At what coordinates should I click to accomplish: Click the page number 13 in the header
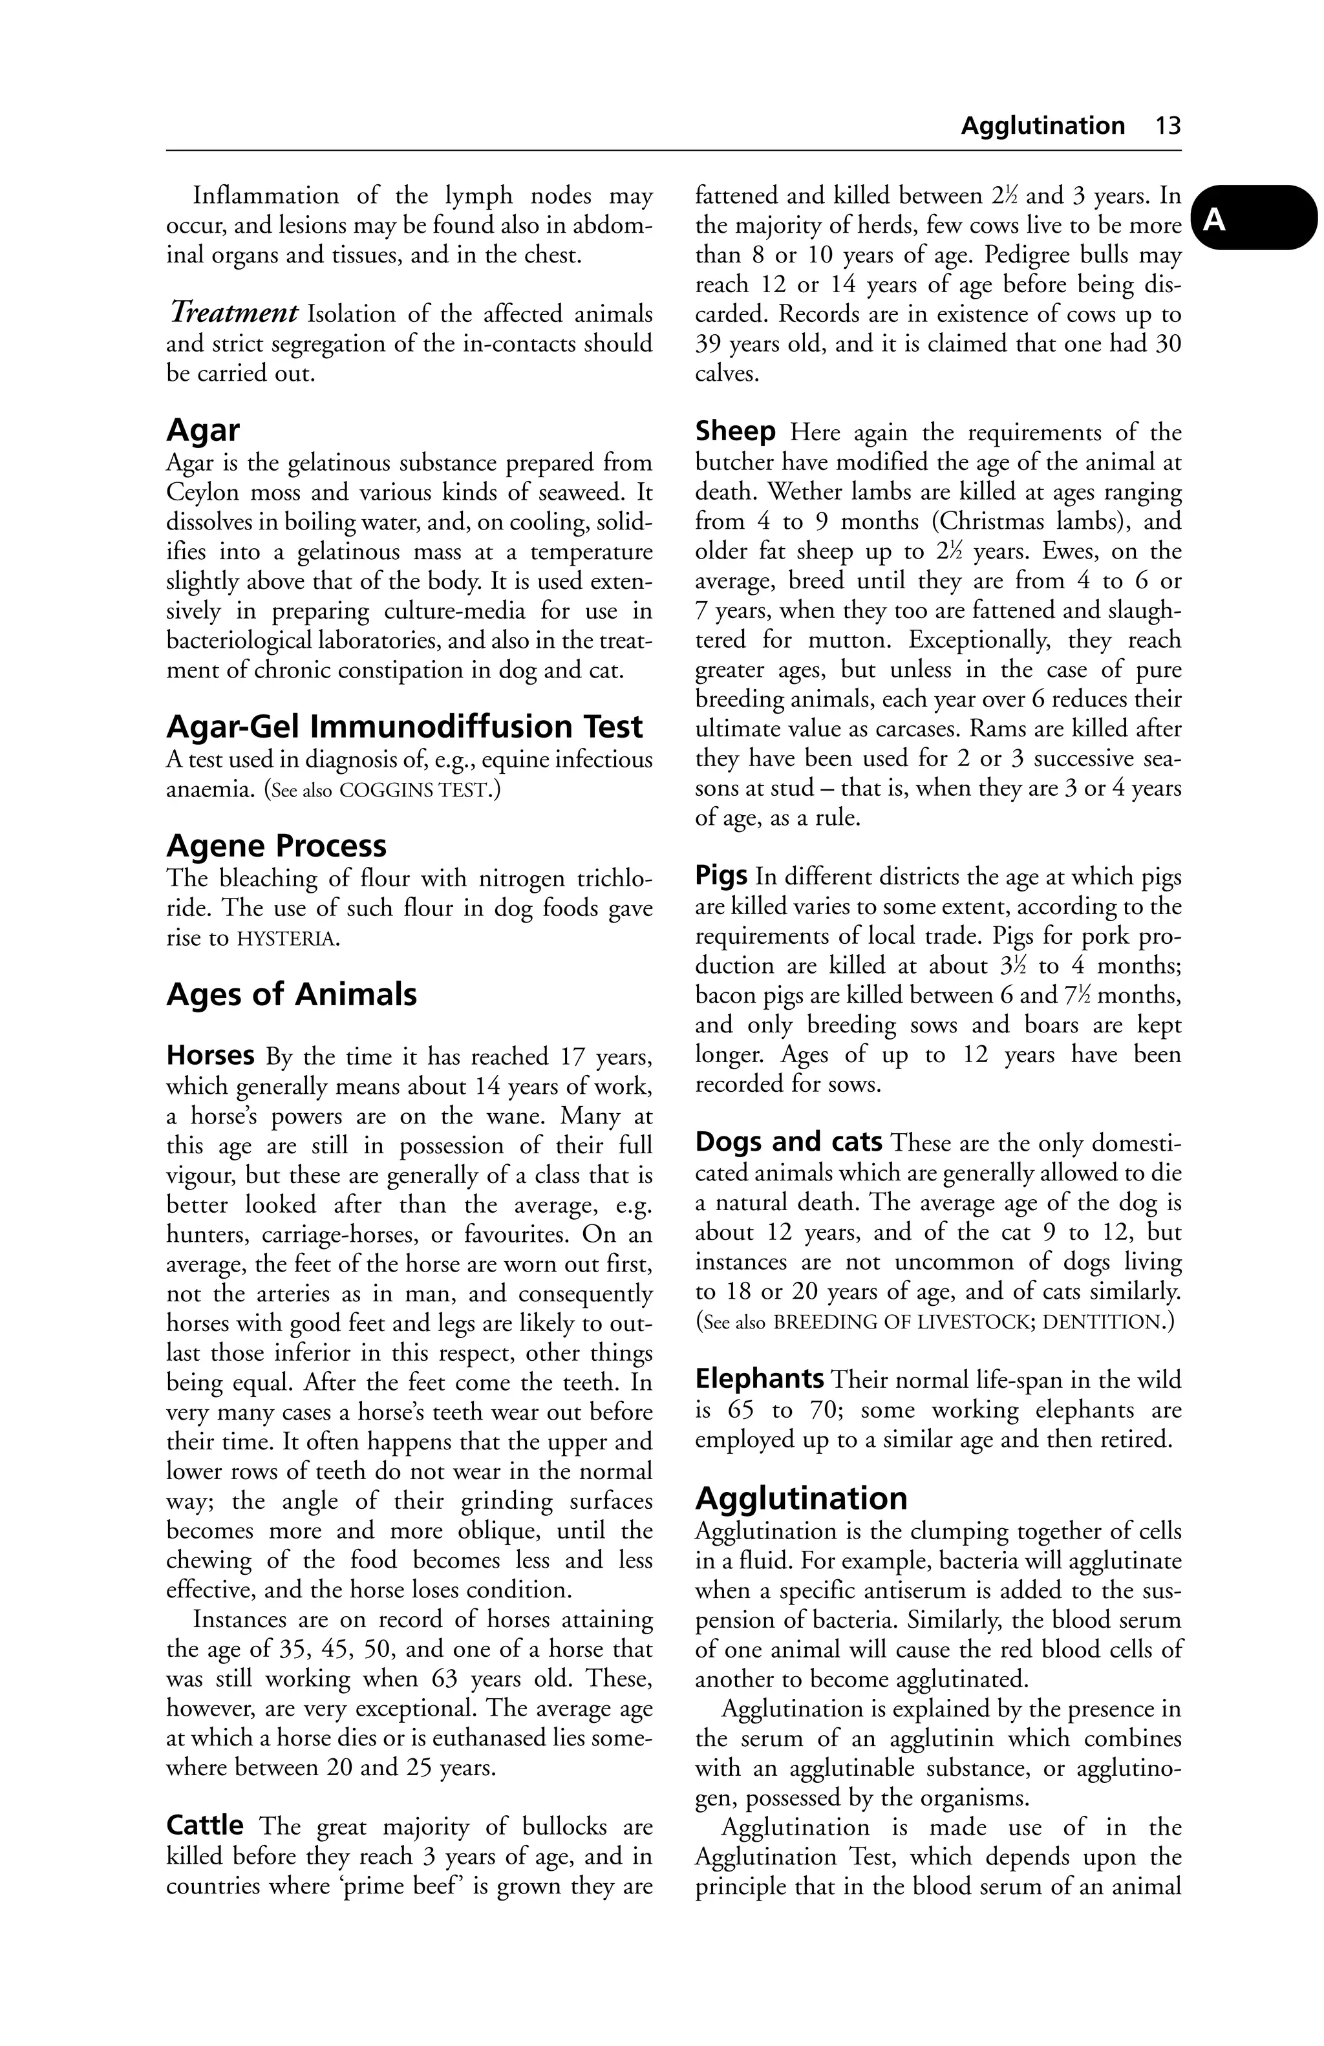pos(1168,126)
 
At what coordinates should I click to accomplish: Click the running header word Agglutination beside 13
pos(1042,126)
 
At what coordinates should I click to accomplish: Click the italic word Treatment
pos(234,313)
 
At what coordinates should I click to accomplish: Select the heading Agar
pos(203,430)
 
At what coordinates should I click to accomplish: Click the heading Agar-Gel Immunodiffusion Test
pos(404,727)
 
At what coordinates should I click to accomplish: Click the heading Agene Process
pos(276,846)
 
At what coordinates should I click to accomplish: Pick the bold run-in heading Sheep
pos(735,431)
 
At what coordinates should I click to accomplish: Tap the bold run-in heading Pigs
pos(720,876)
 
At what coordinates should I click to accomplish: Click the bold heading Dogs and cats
pos(788,1142)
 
